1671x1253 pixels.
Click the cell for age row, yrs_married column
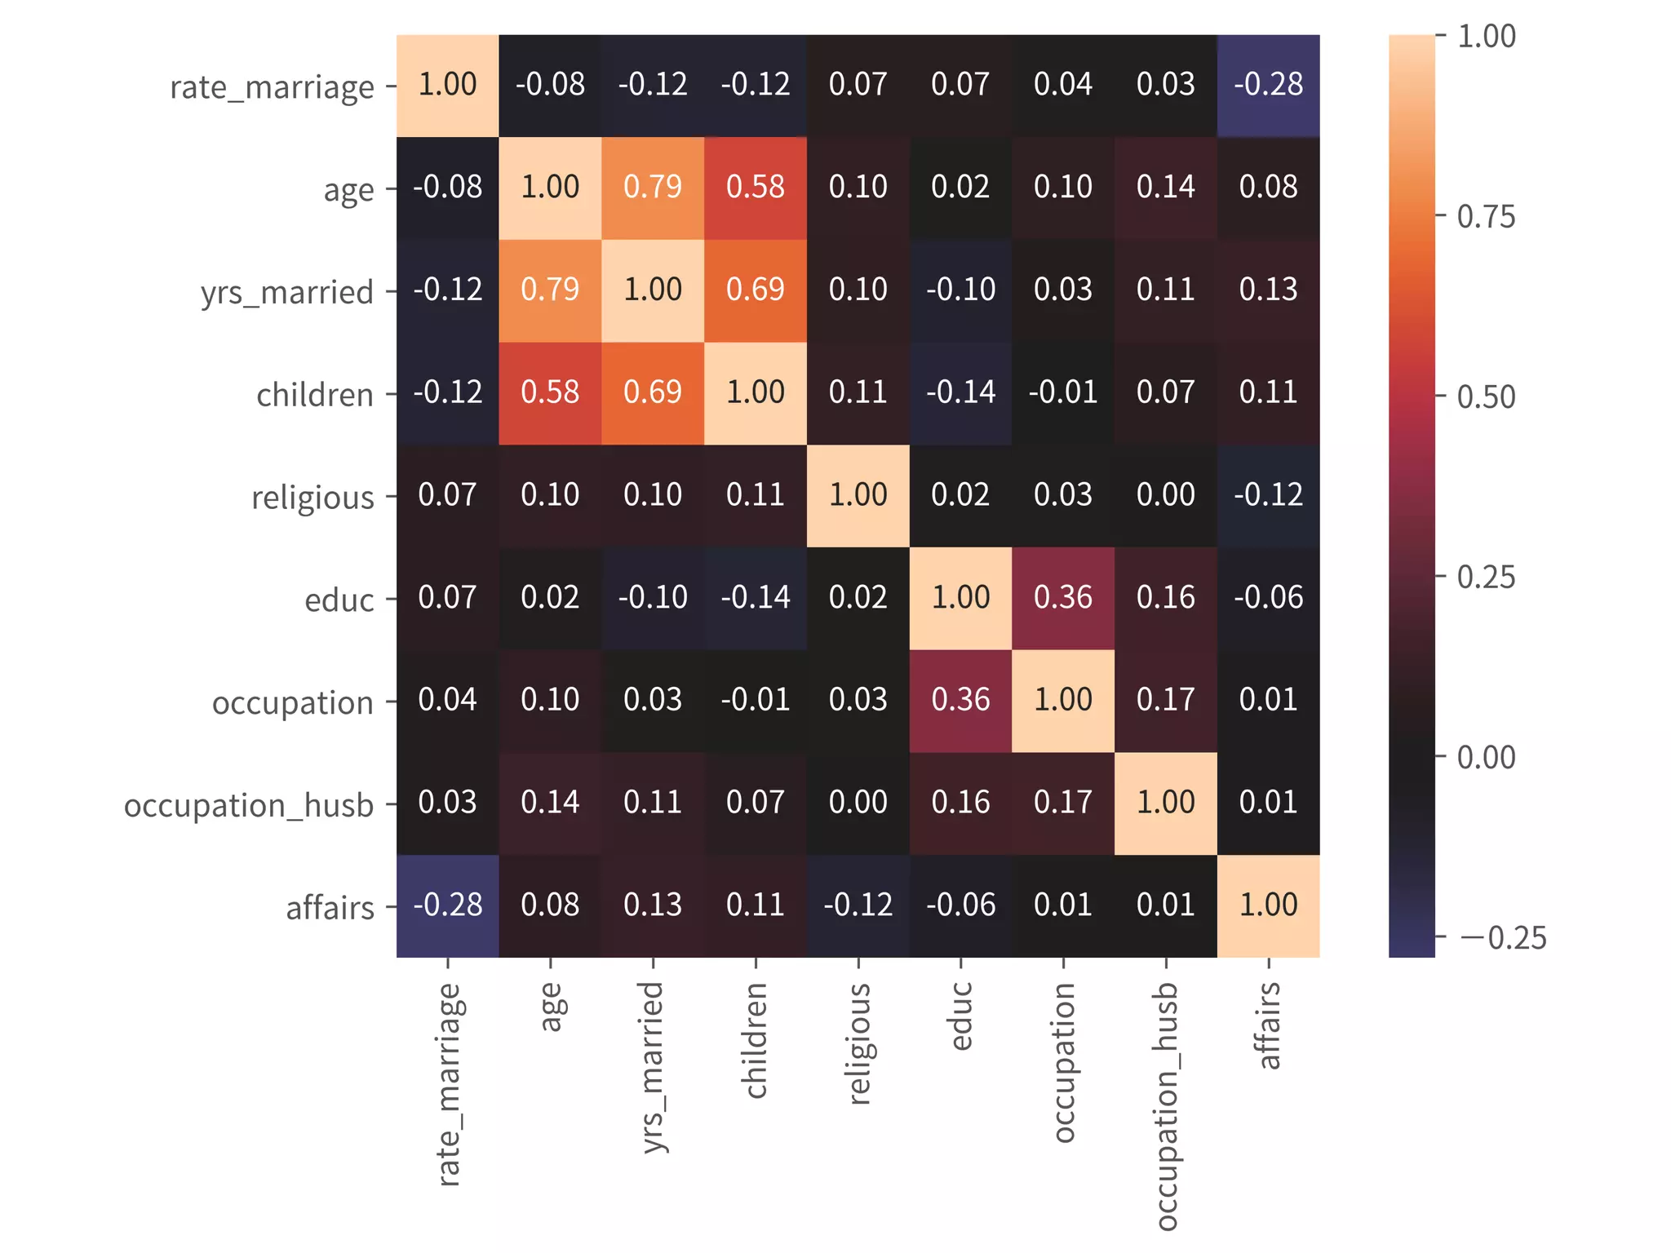click(x=653, y=188)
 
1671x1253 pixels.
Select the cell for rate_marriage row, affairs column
click(x=1268, y=86)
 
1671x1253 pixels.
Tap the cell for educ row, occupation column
click(x=1063, y=599)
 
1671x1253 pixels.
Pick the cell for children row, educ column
click(x=960, y=393)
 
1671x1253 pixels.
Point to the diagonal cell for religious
click(x=858, y=496)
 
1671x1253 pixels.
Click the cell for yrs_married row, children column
click(x=756, y=290)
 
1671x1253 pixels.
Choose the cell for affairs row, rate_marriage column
click(x=448, y=906)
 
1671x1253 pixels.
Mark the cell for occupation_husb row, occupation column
click(x=1063, y=804)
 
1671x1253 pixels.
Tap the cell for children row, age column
click(x=550, y=393)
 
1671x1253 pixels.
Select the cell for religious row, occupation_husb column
click(x=1165, y=496)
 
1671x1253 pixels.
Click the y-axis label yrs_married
click(x=287, y=292)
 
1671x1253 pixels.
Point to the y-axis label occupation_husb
click(x=249, y=805)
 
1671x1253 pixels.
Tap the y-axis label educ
click(x=339, y=600)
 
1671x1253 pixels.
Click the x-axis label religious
click(x=859, y=1044)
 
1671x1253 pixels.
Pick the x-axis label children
click(x=756, y=1040)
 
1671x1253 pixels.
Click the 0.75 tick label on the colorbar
click(x=1486, y=217)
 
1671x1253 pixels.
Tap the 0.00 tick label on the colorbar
click(x=1486, y=757)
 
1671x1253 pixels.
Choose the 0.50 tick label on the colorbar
click(x=1486, y=397)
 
